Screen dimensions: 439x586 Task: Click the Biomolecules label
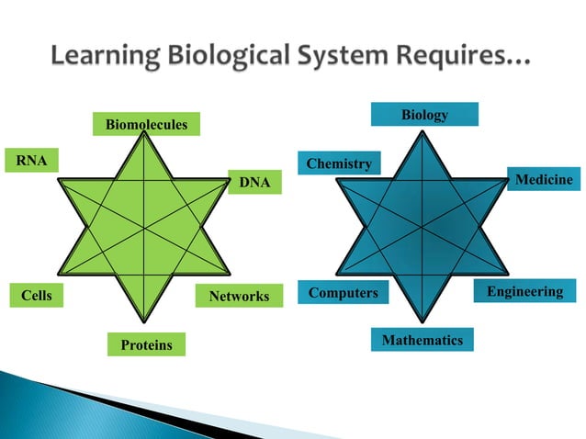[146, 123]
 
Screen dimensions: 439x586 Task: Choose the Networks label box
[239, 296]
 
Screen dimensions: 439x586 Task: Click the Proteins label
[145, 344]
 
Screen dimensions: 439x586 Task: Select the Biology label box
[424, 114]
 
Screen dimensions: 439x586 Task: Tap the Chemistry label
[339, 163]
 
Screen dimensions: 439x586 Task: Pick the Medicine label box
[544, 179]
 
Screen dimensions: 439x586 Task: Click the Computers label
[343, 293]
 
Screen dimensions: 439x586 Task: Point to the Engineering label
[524, 291]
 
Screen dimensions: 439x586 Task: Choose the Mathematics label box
[423, 341]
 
